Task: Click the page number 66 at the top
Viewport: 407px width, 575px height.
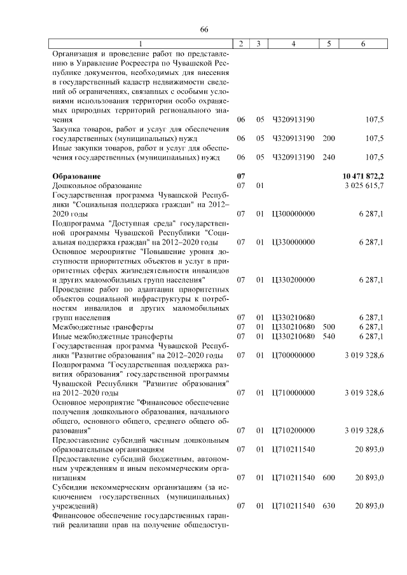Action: point(204,30)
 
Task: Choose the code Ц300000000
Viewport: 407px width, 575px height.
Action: point(293,215)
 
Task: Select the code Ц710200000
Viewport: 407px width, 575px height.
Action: point(293,431)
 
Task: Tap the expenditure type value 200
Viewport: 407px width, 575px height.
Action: point(328,138)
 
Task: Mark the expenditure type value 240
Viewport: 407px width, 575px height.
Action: point(328,157)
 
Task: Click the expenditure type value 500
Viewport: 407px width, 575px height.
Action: point(328,327)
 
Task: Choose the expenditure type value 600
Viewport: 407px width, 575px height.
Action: point(328,477)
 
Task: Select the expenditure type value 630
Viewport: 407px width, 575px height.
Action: point(328,506)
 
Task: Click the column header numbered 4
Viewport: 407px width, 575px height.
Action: point(293,43)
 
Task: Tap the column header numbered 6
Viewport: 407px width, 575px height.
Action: point(362,43)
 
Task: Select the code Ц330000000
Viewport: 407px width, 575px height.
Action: point(293,242)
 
